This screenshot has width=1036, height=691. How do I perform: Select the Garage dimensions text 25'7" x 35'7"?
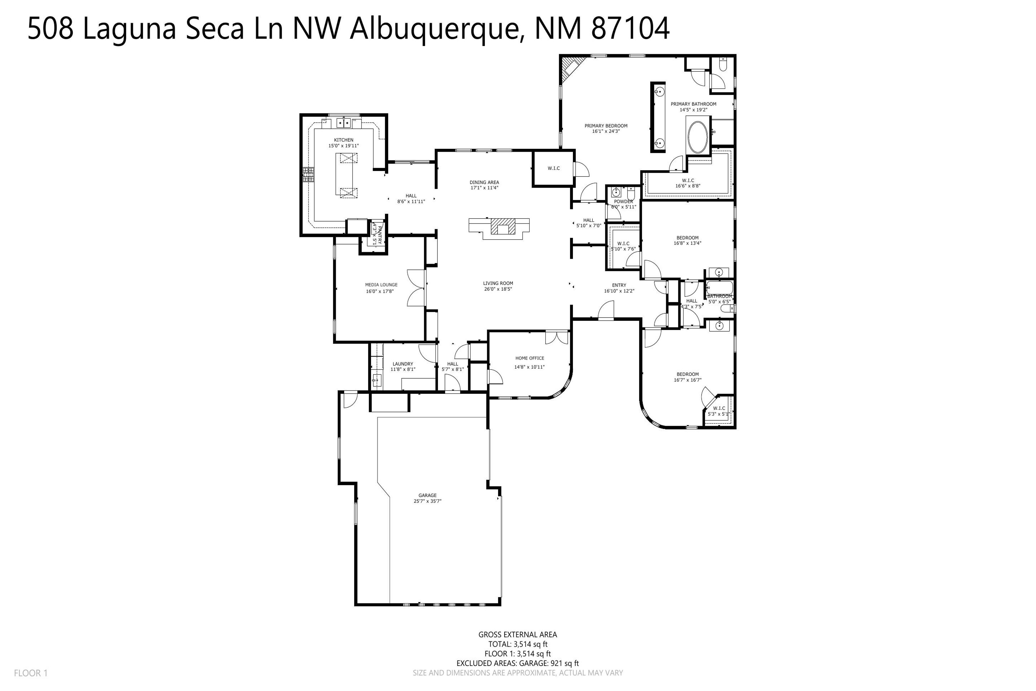point(427,501)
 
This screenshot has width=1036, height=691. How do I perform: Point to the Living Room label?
point(498,283)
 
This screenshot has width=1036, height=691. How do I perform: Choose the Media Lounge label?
point(381,285)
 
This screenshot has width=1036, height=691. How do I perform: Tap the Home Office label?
point(530,358)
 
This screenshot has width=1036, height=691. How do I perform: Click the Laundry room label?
point(403,364)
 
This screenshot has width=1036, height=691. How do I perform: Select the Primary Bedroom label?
point(606,126)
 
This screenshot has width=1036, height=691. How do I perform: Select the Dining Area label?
point(484,182)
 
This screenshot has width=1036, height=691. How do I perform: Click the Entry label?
point(619,285)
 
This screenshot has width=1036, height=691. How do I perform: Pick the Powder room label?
point(623,201)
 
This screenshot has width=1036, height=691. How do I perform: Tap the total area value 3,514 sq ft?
point(530,644)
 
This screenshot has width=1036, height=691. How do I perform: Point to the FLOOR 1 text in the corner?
point(31,673)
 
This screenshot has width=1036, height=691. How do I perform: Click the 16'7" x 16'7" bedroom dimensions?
point(688,380)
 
